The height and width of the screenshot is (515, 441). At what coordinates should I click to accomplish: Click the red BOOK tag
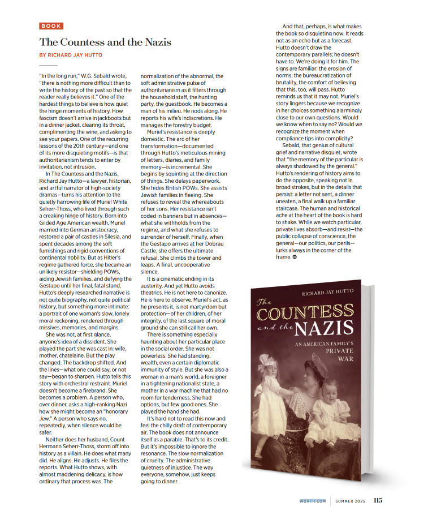click(x=51, y=26)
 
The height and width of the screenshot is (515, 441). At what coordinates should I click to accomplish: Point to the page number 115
click(x=378, y=500)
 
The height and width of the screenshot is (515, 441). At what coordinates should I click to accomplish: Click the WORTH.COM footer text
click(x=313, y=501)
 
